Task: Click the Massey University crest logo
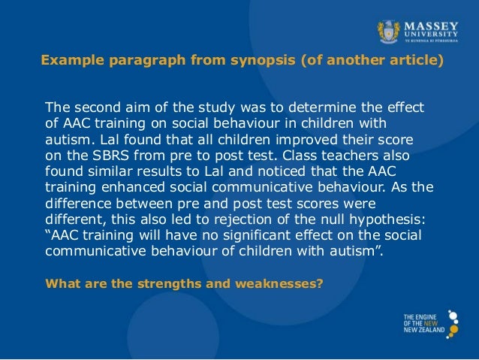click(x=388, y=31)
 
